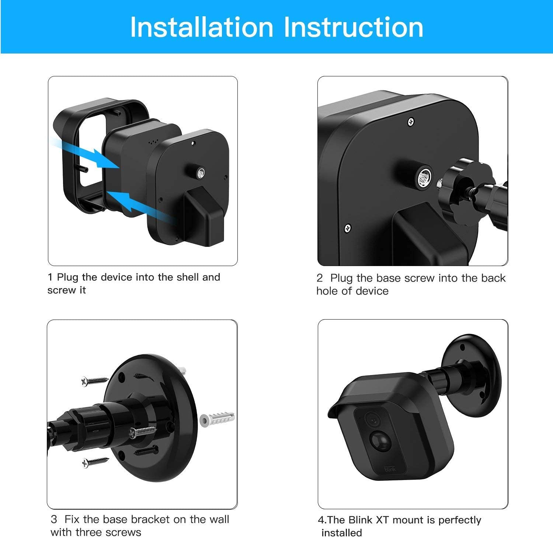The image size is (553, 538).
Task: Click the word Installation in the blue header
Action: tap(202, 27)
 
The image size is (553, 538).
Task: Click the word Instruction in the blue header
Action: tap(354, 27)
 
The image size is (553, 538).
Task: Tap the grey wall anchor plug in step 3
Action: tap(217, 418)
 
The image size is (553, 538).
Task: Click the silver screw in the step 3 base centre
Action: tap(142, 432)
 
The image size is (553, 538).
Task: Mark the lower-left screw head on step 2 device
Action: tap(347, 228)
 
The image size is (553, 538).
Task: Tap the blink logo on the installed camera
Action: tap(390, 469)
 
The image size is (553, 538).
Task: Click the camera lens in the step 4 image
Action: tap(372, 419)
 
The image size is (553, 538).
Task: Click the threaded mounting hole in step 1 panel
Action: tap(201, 172)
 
